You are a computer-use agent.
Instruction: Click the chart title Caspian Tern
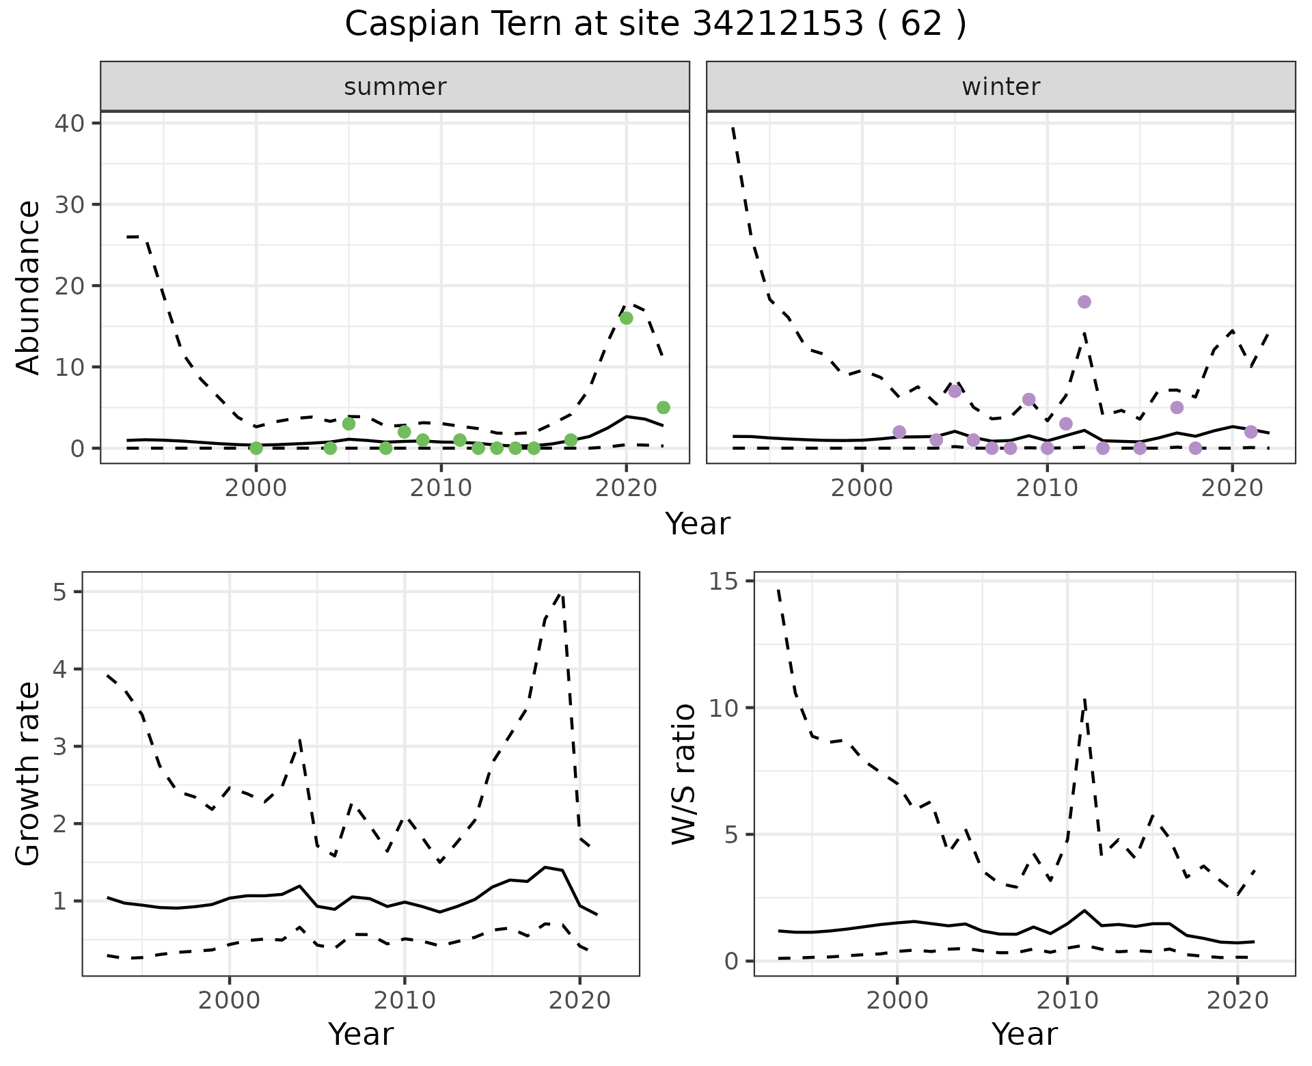tap(655, 25)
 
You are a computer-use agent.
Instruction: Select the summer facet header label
tap(395, 87)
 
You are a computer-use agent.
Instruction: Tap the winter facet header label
tap(1000, 87)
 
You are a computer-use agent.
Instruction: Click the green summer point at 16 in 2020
tap(626, 318)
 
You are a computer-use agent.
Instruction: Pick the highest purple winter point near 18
tap(1084, 302)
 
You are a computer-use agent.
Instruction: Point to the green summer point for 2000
tap(256, 448)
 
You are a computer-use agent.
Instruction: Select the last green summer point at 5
tap(663, 407)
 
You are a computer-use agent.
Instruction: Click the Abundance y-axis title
tap(29, 287)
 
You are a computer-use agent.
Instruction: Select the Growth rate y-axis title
tap(29, 774)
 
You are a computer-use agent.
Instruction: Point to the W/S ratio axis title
tap(683, 774)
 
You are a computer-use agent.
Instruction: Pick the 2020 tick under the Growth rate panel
tap(579, 1001)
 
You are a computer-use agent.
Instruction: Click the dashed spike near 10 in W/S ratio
tap(1084, 700)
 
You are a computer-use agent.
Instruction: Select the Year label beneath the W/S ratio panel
tap(1024, 1034)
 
